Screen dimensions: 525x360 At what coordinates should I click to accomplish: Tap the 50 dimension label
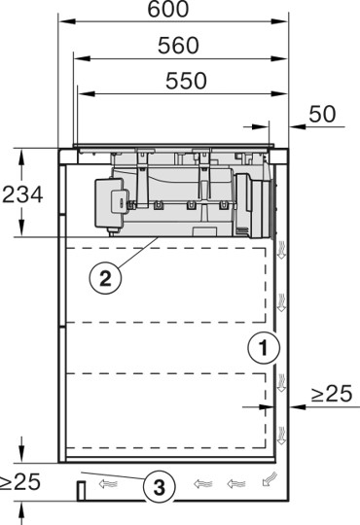coord(322,113)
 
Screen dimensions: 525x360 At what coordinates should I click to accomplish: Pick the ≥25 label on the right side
coord(332,394)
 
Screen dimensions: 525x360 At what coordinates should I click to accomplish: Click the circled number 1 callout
coord(259,345)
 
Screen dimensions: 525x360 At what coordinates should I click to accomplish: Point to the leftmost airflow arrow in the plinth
coord(108,481)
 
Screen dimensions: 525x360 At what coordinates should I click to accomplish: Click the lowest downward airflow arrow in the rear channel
coord(282,433)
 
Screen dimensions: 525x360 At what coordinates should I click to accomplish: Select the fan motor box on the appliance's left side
coord(115,204)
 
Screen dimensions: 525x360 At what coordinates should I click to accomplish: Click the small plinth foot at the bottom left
coord(77,488)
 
